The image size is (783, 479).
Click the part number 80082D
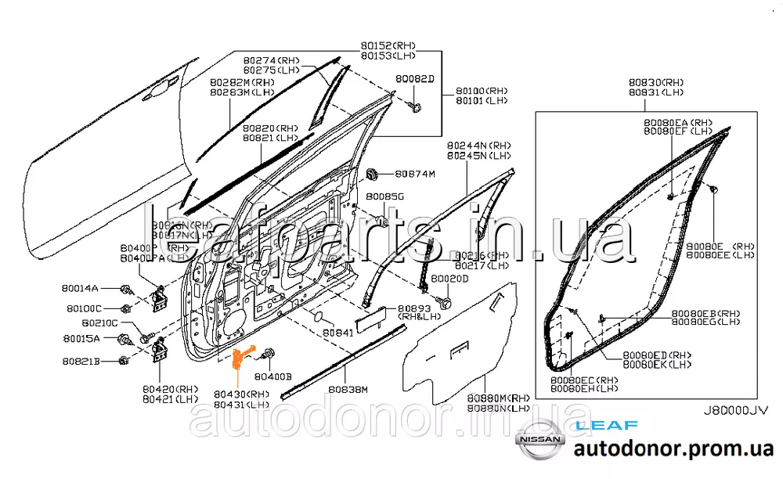[x=414, y=79]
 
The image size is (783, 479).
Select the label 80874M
[x=414, y=173]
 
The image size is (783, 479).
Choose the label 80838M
[x=348, y=389]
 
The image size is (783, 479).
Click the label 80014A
[x=81, y=288]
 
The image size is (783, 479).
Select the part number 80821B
[x=81, y=361]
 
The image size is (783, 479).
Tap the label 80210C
[x=99, y=322]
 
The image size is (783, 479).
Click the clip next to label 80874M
[x=373, y=172]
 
